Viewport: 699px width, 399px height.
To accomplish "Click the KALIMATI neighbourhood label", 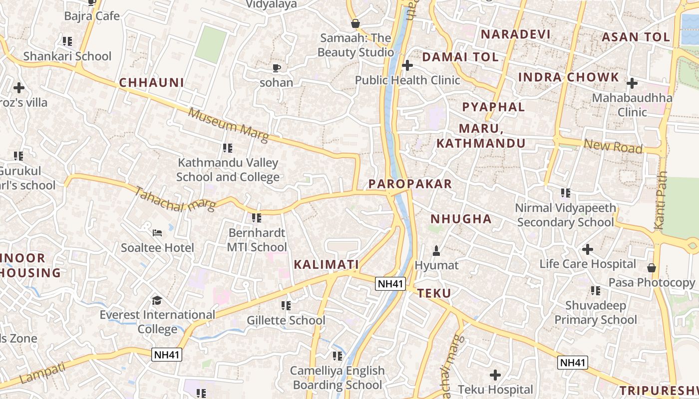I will [326, 264].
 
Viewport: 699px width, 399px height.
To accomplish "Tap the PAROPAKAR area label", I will [410, 184].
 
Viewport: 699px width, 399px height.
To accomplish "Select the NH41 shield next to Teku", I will [390, 284].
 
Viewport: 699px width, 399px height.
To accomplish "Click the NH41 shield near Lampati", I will [167, 355].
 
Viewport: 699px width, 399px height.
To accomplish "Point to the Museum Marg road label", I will [228, 125].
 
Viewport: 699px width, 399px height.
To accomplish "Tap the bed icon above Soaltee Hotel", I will [157, 233].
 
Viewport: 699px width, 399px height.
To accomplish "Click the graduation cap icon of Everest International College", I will [157, 300].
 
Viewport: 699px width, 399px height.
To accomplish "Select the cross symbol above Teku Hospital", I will [495, 375].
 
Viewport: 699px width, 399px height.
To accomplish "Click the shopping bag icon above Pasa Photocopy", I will [651, 268].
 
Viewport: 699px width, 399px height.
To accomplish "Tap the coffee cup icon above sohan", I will [276, 68].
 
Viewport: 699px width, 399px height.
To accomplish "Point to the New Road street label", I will [613, 147].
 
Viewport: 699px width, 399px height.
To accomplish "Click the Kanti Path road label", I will [661, 200].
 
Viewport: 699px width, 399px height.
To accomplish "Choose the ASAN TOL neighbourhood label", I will [636, 37].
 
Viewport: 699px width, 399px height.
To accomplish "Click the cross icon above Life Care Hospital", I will [588, 249].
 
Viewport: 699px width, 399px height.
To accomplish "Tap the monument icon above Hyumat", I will [436, 250].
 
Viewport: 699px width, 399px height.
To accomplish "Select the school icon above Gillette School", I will [286, 305].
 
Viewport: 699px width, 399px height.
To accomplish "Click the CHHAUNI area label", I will [151, 83].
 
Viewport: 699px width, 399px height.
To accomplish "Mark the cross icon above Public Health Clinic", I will [407, 65].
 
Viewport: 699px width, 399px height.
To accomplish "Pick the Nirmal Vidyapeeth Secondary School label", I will [565, 215].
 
